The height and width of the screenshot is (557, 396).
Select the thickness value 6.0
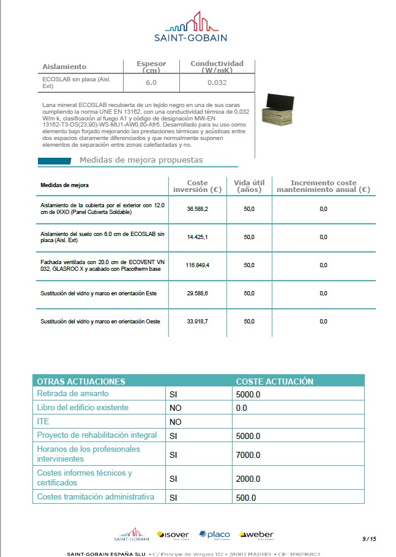[151, 83]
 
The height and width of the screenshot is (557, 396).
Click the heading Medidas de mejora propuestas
[141, 160]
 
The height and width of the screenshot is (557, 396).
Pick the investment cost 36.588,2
[198, 209]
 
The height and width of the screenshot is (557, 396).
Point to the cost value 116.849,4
[198, 265]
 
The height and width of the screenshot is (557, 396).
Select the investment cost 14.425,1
[198, 237]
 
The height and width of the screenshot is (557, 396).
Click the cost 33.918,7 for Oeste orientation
[198, 322]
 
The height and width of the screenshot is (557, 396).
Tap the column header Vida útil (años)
[249, 186]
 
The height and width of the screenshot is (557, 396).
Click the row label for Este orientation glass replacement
[99, 293]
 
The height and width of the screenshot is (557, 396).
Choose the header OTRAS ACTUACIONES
[81, 382]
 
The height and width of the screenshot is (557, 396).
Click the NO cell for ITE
[176, 422]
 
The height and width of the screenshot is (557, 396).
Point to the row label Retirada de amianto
[73, 394]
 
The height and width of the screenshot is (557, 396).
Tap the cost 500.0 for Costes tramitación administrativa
[246, 498]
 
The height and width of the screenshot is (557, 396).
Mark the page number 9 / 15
[368, 539]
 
